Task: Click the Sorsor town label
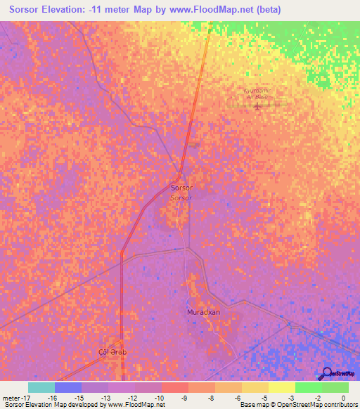(x=181, y=188)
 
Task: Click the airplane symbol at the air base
(x=257, y=107)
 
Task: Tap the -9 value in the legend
(x=184, y=398)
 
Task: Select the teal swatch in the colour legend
(x=41, y=387)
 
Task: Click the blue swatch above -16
(x=68, y=387)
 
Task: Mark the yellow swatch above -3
(x=282, y=387)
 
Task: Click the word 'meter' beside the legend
(x=9, y=398)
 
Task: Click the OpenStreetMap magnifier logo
(x=326, y=373)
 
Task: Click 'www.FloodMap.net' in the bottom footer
(x=137, y=405)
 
